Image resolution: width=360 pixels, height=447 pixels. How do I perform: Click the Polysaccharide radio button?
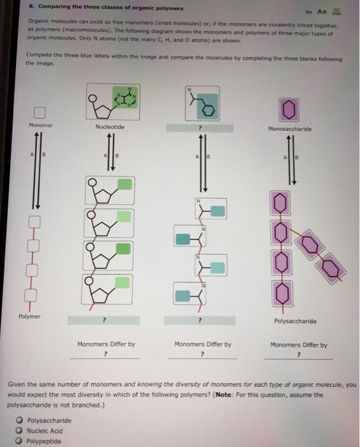(x=20, y=420)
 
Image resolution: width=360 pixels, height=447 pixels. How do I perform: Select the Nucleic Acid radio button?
(x=20, y=430)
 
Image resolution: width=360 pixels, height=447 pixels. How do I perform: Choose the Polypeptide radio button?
(x=20, y=441)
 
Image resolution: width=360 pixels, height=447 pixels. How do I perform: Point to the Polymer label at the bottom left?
(x=29, y=315)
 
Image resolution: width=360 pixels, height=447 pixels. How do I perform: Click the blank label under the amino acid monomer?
(x=201, y=128)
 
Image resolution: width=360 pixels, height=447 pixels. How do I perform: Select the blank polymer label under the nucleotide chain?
(x=105, y=320)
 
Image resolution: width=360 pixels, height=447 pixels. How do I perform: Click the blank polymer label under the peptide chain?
(x=201, y=320)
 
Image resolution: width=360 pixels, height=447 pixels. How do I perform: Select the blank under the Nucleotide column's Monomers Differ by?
(x=105, y=355)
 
